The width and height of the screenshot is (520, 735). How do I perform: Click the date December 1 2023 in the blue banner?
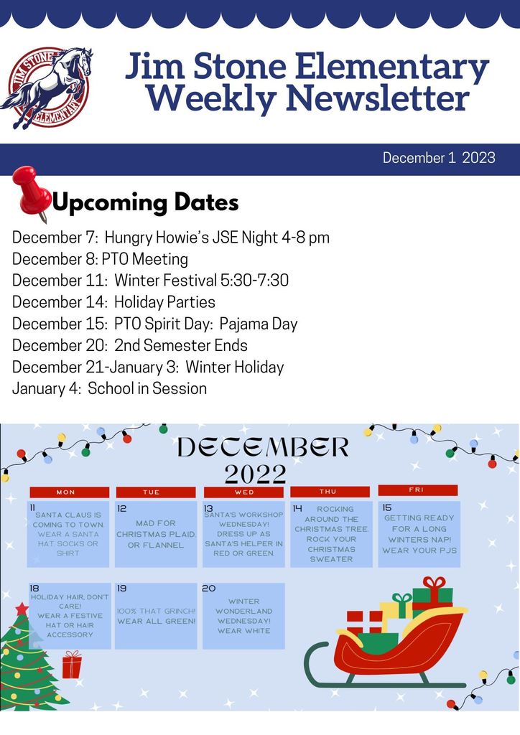(x=438, y=158)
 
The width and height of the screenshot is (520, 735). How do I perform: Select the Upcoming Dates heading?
(x=146, y=202)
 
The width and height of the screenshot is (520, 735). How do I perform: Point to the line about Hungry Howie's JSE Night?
(x=171, y=237)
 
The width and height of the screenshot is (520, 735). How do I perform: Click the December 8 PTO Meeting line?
(x=100, y=258)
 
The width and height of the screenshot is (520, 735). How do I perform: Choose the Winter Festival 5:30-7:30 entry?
(x=150, y=280)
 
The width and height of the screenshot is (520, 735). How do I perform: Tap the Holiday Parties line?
(x=113, y=301)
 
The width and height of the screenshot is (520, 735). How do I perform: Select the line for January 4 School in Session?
(x=109, y=388)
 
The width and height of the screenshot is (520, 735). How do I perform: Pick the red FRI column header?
(x=417, y=490)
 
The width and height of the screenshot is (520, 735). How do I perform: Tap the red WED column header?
(x=243, y=492)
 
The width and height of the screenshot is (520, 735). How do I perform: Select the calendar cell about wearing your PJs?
(x=419, y=534)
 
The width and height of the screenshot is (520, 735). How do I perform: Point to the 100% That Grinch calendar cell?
(x=155, y=616)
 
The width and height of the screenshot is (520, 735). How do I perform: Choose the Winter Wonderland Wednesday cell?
(x=243, y=616)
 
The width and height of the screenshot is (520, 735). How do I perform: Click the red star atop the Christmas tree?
(x=22, y=609)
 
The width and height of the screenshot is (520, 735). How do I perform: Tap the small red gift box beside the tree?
(x=72, y=665)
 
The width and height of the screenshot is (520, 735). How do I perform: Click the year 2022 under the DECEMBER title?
(x=255, y=474)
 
